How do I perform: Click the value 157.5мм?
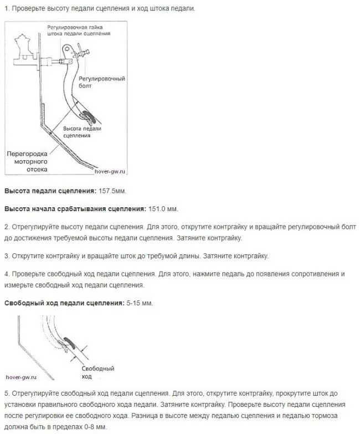coord(112,191)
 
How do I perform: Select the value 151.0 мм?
coord(163,209)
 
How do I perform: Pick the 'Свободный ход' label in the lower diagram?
coord(97,372)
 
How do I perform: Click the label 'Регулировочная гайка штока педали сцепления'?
coord(79,30)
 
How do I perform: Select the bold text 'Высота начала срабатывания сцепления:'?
coord(75,209)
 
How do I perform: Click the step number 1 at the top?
coord(6,9)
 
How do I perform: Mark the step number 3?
coord(6,256)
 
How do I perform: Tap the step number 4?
coord(6,274)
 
